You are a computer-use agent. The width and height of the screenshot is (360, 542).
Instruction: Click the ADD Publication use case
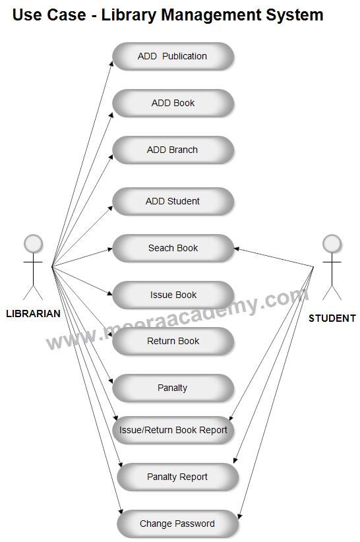click(173, 56)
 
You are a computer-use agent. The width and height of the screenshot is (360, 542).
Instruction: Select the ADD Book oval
click(173, 103)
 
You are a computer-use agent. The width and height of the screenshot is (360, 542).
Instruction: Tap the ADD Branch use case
click(173, 150)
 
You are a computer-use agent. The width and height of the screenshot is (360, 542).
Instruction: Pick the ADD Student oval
click(173, 201)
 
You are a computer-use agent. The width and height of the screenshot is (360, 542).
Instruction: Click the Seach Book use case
click(173, 248)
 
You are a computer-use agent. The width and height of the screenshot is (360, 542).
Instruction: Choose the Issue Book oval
click(173, 295)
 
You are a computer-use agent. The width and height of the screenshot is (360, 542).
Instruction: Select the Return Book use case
click(173, 341)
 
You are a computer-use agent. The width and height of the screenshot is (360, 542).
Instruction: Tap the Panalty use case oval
click(173, 388)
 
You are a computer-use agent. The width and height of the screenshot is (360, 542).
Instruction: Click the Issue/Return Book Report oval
click(173, 430)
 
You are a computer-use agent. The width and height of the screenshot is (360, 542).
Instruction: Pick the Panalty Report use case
click(177, 477)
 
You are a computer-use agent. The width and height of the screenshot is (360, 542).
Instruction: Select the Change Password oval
click(177, 524)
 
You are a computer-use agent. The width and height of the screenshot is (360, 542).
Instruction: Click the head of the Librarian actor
click(33, 244)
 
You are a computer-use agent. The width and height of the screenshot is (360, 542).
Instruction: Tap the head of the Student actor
click(332, 244)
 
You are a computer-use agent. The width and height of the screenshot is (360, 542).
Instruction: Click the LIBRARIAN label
click(33, 313)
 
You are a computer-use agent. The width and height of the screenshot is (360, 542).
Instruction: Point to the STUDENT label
click(332, 318)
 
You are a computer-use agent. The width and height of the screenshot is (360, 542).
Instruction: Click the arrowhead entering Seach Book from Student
click(236, 249)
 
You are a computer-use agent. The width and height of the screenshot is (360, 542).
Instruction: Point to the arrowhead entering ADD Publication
click(111, 63)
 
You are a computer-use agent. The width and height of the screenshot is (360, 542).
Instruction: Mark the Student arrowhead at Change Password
click(239, 516)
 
